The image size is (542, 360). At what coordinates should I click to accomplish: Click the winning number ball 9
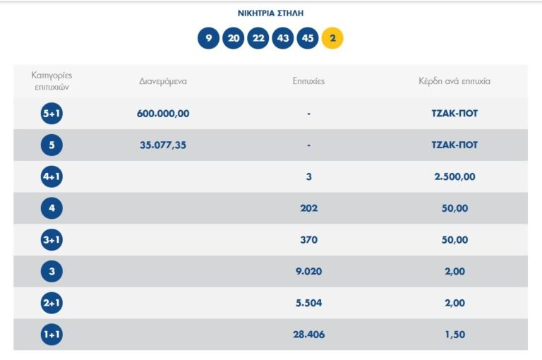208,38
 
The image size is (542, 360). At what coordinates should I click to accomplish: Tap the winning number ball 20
233,38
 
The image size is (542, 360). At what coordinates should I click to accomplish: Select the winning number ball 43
283,38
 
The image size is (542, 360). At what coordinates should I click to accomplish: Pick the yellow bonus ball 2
332,38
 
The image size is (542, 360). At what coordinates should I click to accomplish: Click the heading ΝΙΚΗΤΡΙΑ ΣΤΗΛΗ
271,13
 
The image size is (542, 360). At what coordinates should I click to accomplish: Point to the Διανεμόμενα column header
163,81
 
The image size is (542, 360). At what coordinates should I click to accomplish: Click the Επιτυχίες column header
308,81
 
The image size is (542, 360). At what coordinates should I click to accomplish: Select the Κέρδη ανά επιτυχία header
454,81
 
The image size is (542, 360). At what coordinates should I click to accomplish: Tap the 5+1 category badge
52,113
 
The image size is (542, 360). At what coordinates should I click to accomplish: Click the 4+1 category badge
52,176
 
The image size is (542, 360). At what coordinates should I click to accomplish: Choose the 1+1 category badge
52,335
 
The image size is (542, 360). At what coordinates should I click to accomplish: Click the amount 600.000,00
163,113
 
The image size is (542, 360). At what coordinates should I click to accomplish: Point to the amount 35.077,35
163,145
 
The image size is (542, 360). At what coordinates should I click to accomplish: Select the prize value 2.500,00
454,176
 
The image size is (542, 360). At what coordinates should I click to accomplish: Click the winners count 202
308,208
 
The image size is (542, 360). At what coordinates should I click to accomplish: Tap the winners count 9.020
308,271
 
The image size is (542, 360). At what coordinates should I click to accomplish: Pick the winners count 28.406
308,335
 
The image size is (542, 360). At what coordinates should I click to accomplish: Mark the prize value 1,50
454,335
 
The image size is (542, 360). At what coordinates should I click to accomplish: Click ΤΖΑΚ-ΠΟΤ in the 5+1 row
454,113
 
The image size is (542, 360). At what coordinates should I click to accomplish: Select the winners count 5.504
308,303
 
